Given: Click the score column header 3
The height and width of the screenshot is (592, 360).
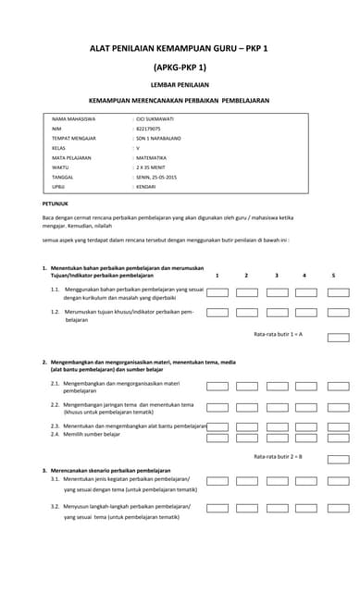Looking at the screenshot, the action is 277,275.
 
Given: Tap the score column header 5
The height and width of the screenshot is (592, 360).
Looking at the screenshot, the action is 333,275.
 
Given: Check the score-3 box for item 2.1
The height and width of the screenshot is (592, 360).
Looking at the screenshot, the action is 277,385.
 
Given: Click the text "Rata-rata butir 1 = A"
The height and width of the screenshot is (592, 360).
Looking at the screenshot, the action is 278,333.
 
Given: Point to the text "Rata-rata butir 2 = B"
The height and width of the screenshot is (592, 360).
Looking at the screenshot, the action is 278,457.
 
